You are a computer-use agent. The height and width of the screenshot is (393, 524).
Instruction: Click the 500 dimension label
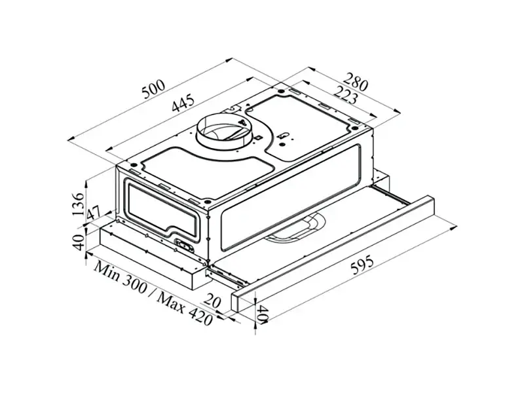point(153,89)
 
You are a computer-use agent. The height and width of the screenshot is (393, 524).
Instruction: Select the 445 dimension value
point(183,103)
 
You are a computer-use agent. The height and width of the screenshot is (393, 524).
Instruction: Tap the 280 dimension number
point(355,81)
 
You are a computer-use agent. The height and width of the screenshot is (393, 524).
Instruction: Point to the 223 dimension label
point(345,94)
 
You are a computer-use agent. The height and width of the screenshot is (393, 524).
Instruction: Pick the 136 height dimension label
point(78,204)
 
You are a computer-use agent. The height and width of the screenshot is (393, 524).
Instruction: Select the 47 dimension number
point(93,214)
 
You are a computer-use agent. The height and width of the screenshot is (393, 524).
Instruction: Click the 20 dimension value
point(212,300)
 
